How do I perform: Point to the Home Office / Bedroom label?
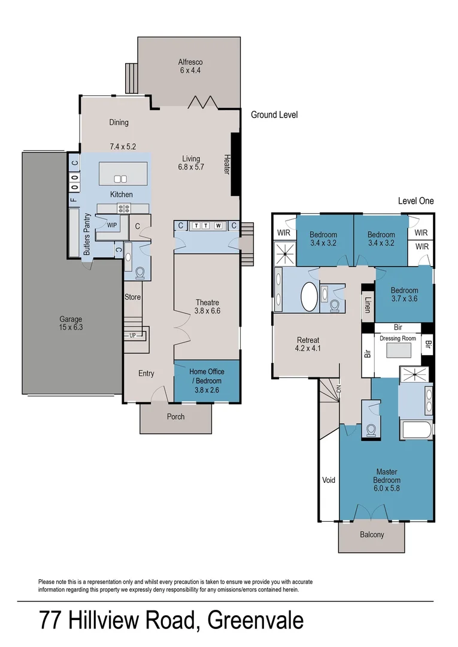205,376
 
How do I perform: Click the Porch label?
175,416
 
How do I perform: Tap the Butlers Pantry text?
87,234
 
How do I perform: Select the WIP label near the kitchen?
111,225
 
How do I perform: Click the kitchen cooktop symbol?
125,208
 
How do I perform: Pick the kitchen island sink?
120,178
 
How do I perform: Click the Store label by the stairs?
132,297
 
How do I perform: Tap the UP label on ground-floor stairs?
132,335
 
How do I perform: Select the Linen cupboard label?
368,305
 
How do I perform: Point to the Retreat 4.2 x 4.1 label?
308,344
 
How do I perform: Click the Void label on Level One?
329,480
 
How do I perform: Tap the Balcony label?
372,535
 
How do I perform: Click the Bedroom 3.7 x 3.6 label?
404,294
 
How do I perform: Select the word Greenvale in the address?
255,620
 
